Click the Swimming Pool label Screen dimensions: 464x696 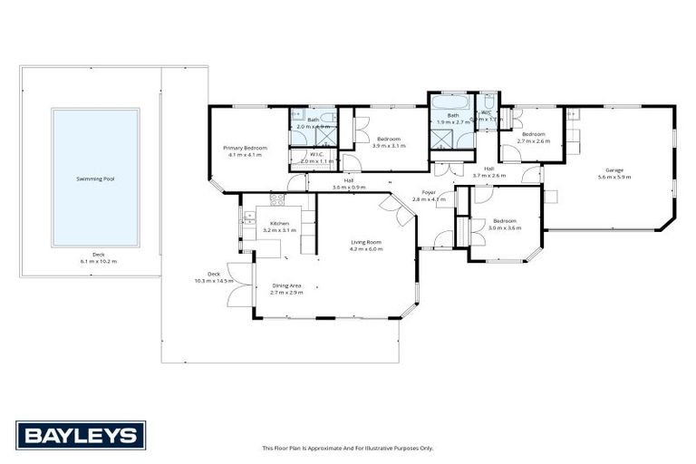click(x=95, y=179)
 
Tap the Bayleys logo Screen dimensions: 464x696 click(x=80, y=436)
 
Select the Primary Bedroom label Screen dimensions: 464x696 click(x=246, y=148)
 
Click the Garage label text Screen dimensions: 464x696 click(x=614, y=170)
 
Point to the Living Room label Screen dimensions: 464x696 click(x=367, y=242)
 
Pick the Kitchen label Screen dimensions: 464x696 click(x=279, y=223)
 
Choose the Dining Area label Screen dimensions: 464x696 click(x=286, y=285)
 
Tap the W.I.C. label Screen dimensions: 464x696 click(x=316, y=154)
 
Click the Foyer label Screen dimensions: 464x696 click(x=429, y=192)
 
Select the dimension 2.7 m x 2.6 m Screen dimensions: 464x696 click(x=533, y=140)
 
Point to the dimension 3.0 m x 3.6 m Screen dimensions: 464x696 click(x=505, y=227)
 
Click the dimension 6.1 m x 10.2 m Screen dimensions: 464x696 click(x=98, y=261)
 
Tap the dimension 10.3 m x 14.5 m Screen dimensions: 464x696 click(x=214, y=281)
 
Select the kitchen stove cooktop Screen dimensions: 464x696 click(x=277, y=198)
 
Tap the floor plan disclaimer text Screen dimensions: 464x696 click(x=348, y=448)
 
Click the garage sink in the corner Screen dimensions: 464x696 click(x=573, y=114)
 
